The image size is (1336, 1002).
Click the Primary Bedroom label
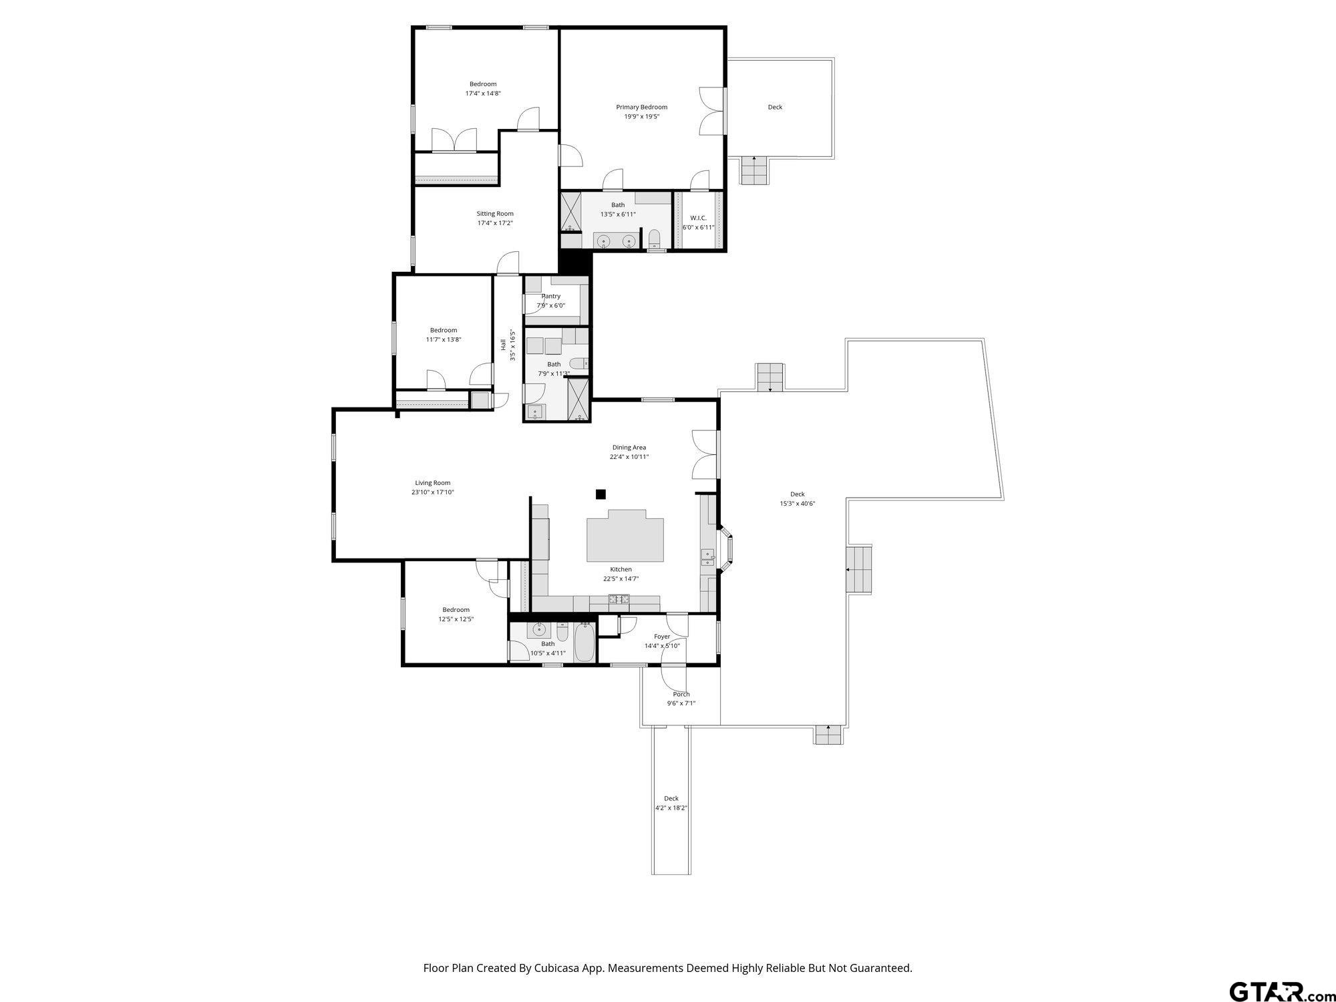point(641,107)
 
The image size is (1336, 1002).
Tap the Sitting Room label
point(495,214)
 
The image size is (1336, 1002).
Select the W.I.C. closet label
point(698,218)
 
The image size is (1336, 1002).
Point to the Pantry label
point(551,296)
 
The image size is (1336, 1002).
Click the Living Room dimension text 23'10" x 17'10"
point(433,492)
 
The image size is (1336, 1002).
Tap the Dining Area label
point(629,448)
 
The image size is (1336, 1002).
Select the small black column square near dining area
point(601,494)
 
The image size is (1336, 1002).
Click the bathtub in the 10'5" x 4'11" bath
point(584,642)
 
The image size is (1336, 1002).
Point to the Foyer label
point(662,637)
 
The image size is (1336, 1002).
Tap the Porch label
point(681,694)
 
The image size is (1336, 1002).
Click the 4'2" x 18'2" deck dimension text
point(671,808)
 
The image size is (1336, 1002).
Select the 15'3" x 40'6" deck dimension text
point(798,504)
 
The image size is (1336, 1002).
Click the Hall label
point(503,345)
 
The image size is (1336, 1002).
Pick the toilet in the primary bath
point(655,238)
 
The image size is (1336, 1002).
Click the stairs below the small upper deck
point(755,170)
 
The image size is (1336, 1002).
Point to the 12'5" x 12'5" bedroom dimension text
point(456,619)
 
